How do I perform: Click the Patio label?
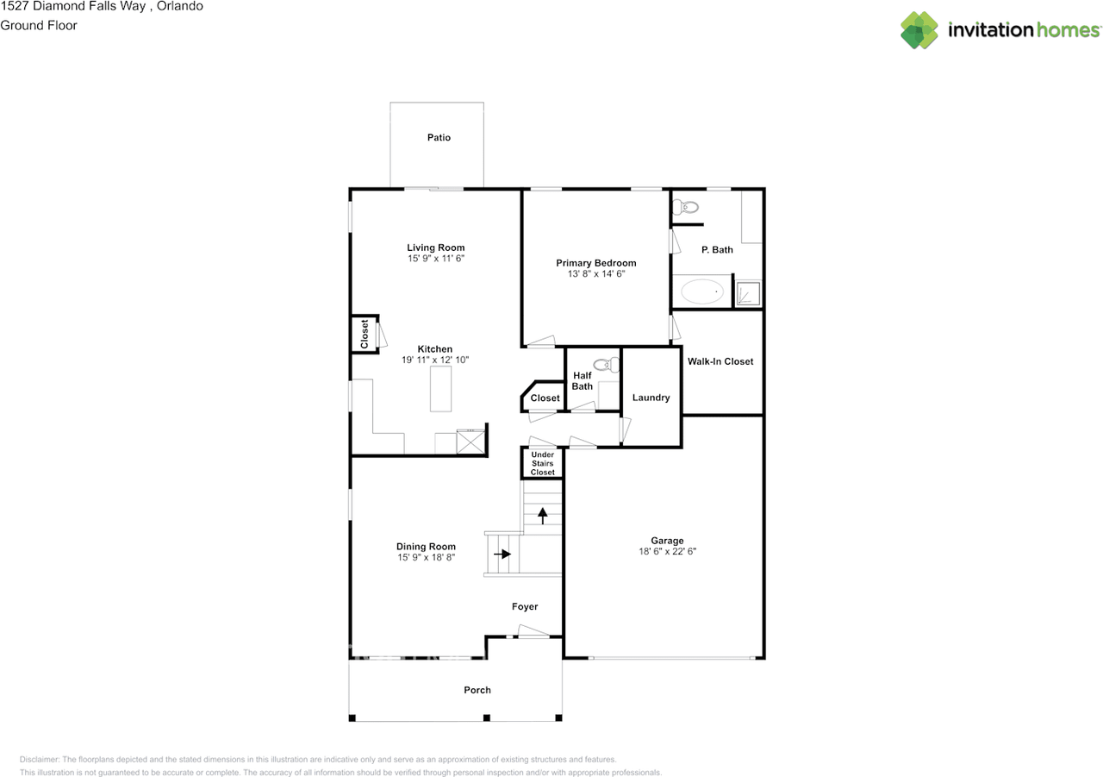[439, 138]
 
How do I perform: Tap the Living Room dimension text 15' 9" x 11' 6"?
[436, 259]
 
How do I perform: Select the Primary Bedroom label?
[595, 263]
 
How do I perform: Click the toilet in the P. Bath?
[687, 207]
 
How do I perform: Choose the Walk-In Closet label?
[720, 361]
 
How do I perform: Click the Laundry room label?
[651, 398]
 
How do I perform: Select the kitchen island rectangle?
[441, 388]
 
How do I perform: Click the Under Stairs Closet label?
[543, 463]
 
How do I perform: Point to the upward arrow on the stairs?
[543, 516]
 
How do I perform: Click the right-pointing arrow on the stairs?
[502, 554]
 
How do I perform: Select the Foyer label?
[525, 607]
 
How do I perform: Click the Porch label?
[477, 690]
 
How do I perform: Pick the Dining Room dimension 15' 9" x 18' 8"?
[426, 558]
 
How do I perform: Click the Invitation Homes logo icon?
[919, 30]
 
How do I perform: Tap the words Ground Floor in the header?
[39, 25]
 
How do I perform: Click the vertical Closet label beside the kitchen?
[365, 334]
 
